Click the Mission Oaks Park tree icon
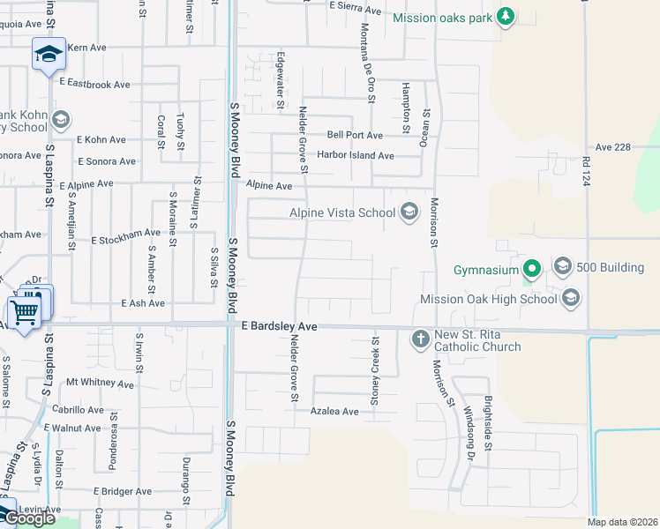[505, 16]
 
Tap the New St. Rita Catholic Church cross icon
[421, 338]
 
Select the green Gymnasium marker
[531, 268]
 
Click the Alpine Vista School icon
[409, 212]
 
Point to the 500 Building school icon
[562, 266]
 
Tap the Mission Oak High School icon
[570, 298]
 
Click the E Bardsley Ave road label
[279, 326]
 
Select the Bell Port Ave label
[355, 135]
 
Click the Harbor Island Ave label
[356, 155]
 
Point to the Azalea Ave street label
[334, 412]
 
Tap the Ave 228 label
[612, 147]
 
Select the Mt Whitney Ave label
[100, 384]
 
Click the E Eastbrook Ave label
[94, 84]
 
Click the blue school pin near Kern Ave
[49, 55]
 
